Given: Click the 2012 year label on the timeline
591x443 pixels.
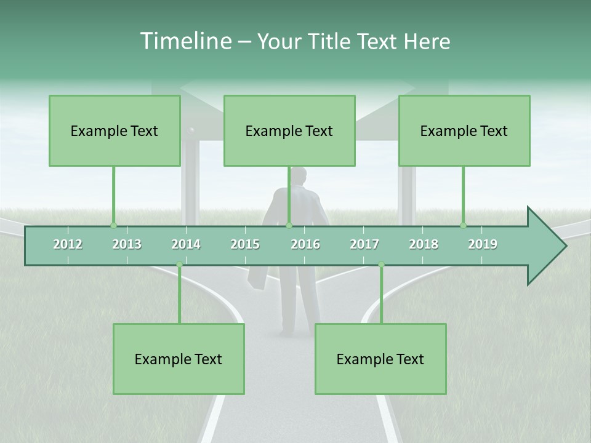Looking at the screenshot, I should pyautogui.click(x=68, y=244).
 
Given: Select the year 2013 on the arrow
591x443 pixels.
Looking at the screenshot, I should pyautogui.click(x=127, y=244).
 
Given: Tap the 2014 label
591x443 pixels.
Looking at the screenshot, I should pyautogui.click(x=186, y=244).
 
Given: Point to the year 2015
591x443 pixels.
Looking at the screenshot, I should pyautogui.click(x=245, y=244).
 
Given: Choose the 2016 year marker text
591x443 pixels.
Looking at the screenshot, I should pyautogui.click(x=305, y=244).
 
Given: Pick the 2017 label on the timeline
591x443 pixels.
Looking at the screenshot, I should pyautogui.click(x=364, y=244).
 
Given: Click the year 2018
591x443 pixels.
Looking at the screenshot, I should pyautogui.click(x=424, y=244).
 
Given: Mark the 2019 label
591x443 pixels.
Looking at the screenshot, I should pyautogui.click(x=483, y=244).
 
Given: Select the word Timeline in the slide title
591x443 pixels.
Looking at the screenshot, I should pyautogui.click(x=185, y=41).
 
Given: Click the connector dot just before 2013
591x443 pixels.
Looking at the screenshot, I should pyautogui.click(x=113, y=226).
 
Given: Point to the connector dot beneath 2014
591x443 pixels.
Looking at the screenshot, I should pyautogui.click(x=179, y=265).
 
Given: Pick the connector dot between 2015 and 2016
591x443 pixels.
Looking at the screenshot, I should pyautogui.click(x=289, y=226).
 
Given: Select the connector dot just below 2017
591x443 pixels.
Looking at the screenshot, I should pyautogui.click(x=381, y=265).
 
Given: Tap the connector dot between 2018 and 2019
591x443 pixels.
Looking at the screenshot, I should pyautogui.click(x=463, y=226).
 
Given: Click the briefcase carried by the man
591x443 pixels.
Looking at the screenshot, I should pyautogui.click(x=258, y=277).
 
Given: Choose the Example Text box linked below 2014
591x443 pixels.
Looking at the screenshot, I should pyautogui.click(x=179, y=359).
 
